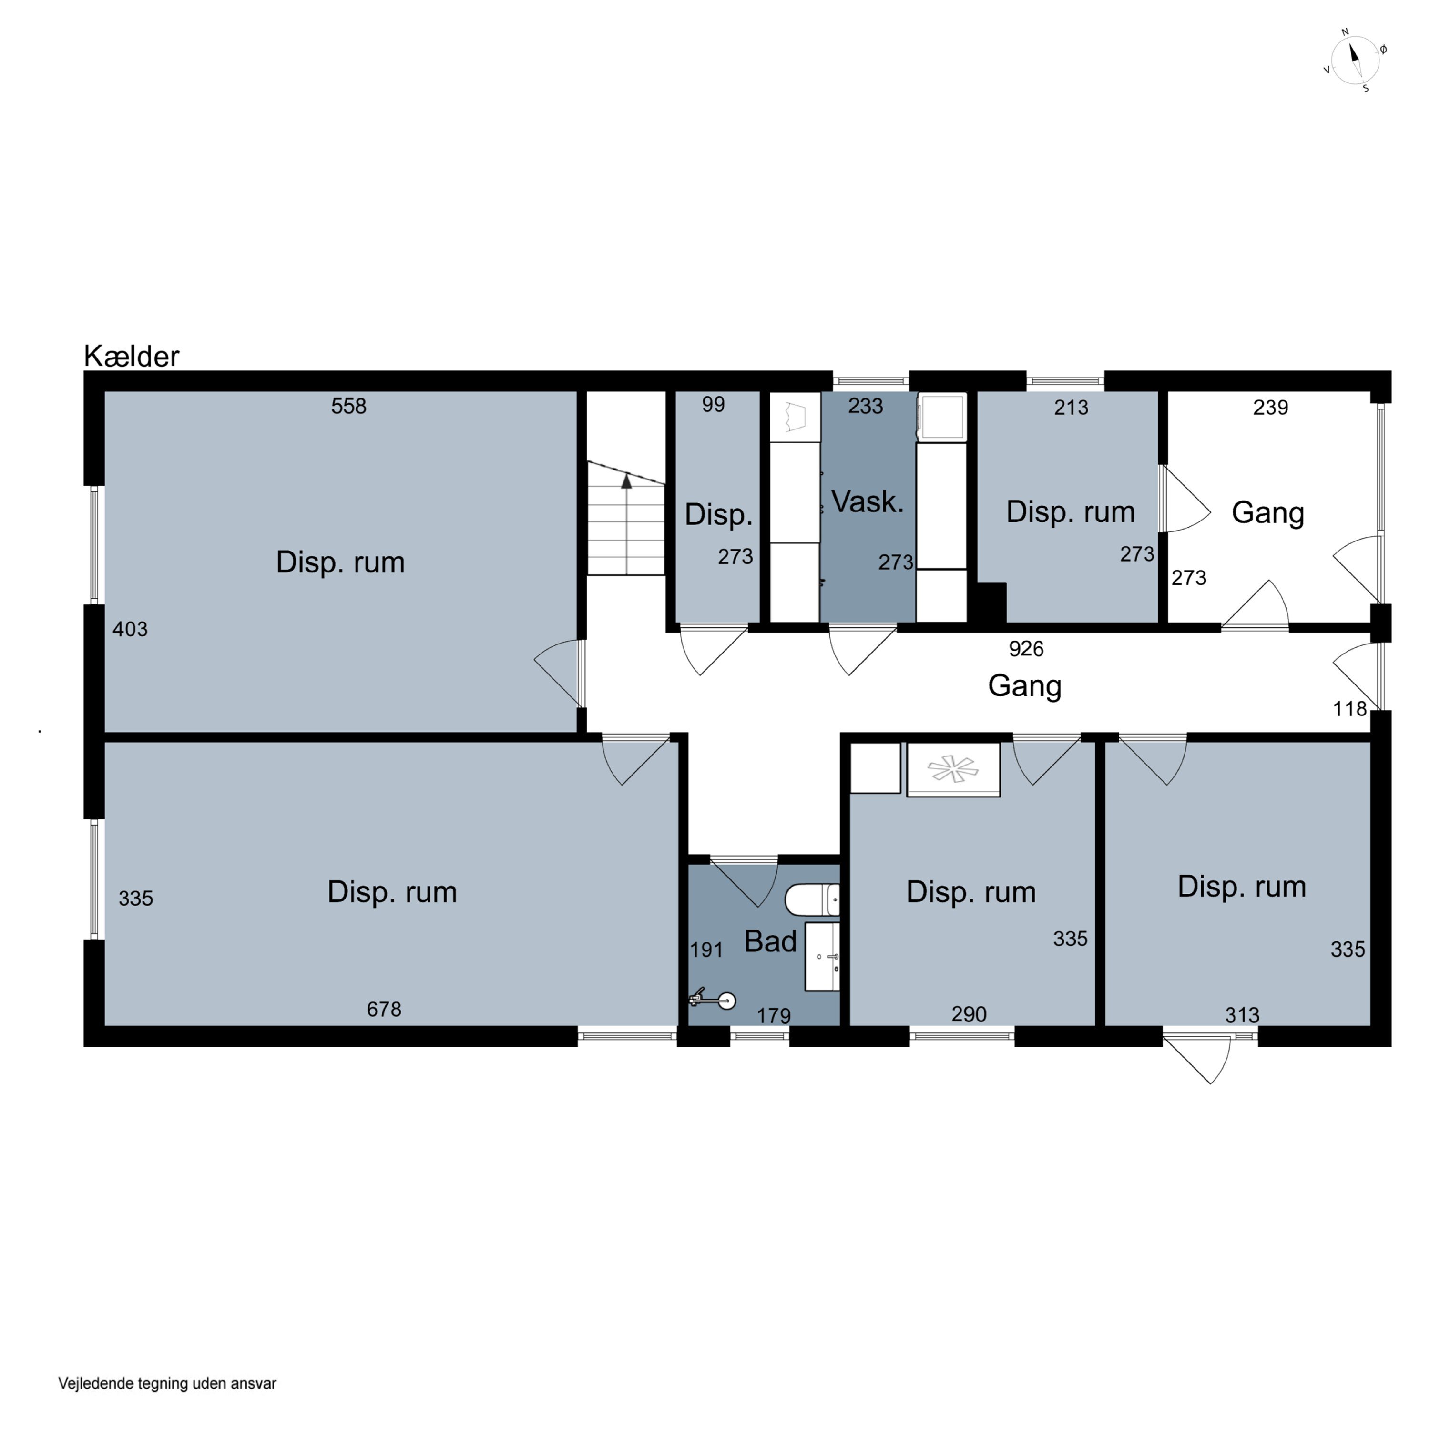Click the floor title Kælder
132,356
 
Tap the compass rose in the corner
1355,61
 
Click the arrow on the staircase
626,524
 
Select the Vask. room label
868,502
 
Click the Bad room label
770,941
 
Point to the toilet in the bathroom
812,900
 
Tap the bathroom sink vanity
822,956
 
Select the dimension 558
348,406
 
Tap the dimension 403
130,629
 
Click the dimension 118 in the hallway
1349,709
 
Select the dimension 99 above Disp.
714,404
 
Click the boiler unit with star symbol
953,770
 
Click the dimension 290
969,1013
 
